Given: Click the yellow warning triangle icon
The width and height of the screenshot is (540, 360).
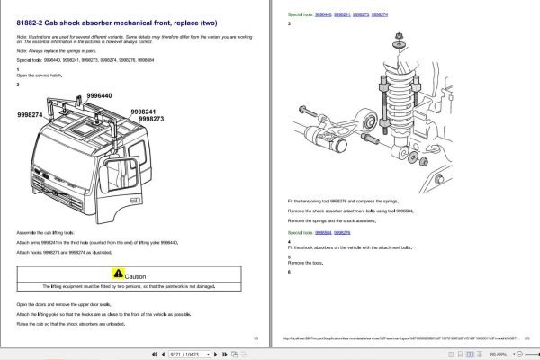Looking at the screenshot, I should [x=117, y=275].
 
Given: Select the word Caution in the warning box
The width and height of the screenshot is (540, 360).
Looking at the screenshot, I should [x=135, y=276].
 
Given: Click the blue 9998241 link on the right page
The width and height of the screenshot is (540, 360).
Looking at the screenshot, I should [x=338, y=15].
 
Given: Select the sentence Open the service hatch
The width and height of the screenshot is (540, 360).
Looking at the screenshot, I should [x=39, y=76].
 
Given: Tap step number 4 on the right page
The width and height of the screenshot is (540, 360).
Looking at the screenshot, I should [x=289, y=240].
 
